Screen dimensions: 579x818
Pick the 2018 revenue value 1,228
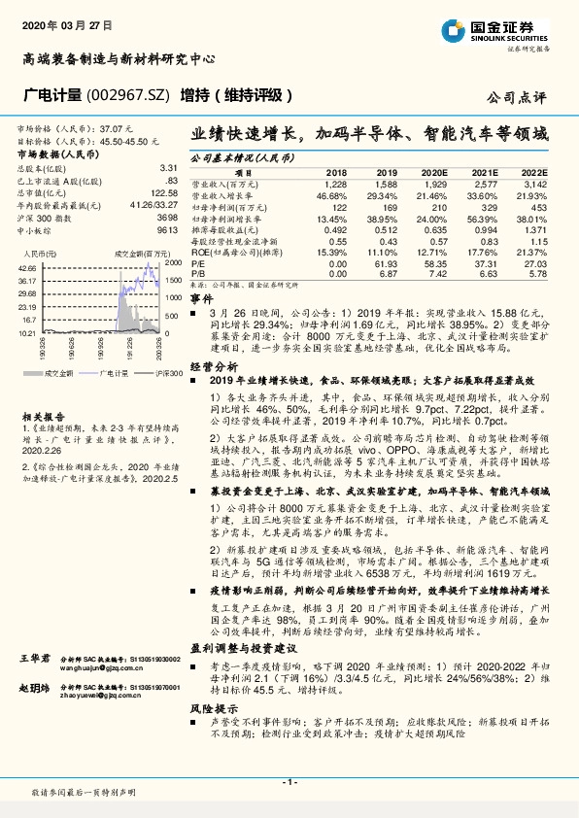335,183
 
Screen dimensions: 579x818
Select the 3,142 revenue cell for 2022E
536,183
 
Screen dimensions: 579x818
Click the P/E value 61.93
387,262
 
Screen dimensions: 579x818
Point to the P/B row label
198,274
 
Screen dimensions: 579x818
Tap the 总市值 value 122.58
162,192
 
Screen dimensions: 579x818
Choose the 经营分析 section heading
212,365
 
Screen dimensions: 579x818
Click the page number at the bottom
289,781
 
